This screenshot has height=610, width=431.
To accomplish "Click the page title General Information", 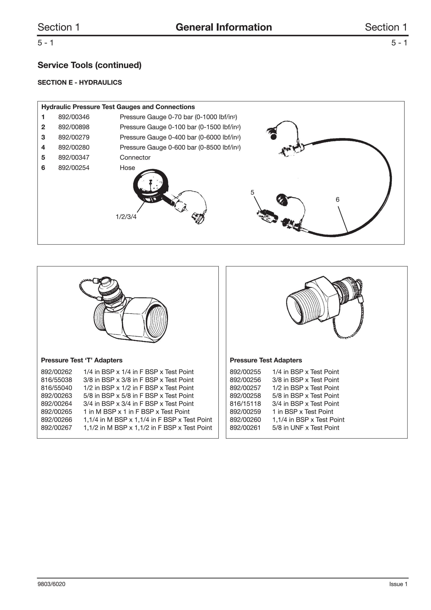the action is click(x=224, y=27).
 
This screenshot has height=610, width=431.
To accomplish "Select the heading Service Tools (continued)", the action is click(x=89, y=65).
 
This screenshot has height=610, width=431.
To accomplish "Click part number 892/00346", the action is click(x=74, y=117).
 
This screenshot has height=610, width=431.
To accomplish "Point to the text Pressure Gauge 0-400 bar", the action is click(x=158, y=137).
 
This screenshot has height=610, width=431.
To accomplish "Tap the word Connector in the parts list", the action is click(x=135, y=158).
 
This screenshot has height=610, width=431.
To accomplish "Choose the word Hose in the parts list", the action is click(x=127, y=168).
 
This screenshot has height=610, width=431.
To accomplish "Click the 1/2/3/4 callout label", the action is click(x=126, y=217).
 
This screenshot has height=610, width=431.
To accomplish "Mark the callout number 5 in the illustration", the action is click(x=252, y=192).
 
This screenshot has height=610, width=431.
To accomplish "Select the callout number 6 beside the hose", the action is click(x=337, y=199).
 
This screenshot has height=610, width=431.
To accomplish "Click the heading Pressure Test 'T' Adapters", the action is click(x=82, y=360).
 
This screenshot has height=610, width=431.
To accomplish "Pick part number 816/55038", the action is click(x=56, y=380).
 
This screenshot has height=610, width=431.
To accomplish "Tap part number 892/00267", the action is click(x=56, y=428).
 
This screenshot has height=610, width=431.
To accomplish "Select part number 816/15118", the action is click(x=245, y=404).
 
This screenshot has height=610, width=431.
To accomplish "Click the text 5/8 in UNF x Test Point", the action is click(x=306, y=428).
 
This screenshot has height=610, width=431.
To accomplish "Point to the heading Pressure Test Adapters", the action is click(x=266, y=360).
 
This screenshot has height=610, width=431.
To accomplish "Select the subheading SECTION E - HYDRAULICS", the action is click(x=80, y=83).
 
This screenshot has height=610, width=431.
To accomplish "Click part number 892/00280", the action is click(x=74, y=147).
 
